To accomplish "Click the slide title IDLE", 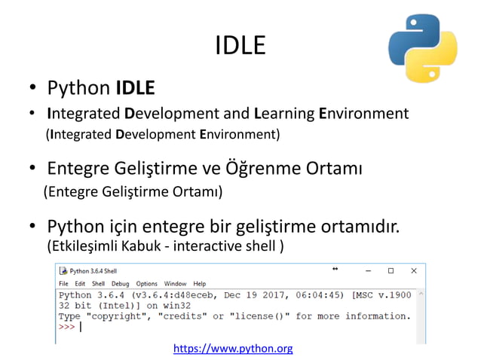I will click(x=240, y=46).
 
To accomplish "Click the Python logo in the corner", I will click(x=422, y=47).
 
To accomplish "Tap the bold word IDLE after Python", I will click(x=136, y=89).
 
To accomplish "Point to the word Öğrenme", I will click(x=281, y=166).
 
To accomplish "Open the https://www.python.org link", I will click(x=233, y=349).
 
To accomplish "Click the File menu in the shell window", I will click(x=64, y=283).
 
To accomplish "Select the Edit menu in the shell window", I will click(x=79, y=283).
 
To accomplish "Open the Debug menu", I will click(x=121, y=283).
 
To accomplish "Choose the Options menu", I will click(x=147, y=283).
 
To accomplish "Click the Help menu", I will click(x=200, y=283).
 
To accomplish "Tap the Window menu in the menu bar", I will click(x=175, y=283).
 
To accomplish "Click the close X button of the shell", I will click(x=413, y=270).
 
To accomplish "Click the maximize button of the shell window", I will click(x=391, y=270).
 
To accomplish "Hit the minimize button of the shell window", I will click(x=367, y=270).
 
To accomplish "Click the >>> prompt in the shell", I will click(x=67, y=328).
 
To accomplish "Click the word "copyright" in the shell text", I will click(x=121, y=316).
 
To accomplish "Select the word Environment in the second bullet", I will click(x=364, y=114).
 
